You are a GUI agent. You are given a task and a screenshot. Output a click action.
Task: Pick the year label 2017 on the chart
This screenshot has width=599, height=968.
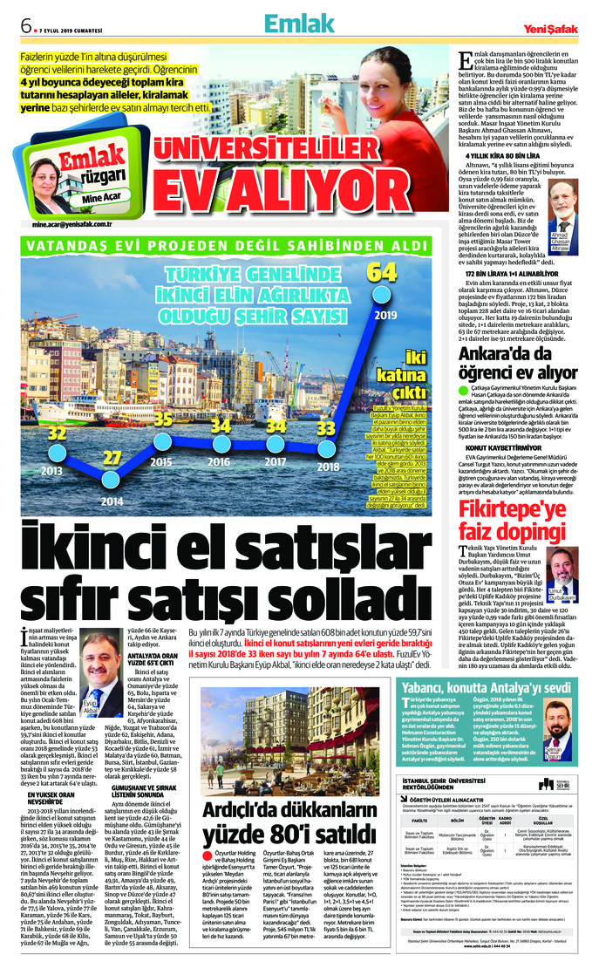(x=276, y=486)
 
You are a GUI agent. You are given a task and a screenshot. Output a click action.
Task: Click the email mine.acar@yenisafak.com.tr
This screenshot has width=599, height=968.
(x=77, y=224)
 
